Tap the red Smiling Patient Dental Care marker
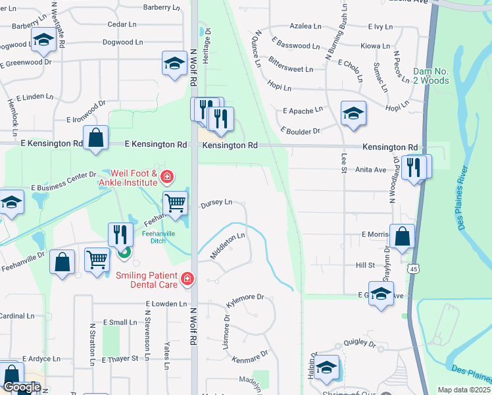[187, 279]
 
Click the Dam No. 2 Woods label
[431, 76]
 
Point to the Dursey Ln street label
[216, 203]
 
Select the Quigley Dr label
[358, 344]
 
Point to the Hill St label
[365, 265]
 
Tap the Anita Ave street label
[370, 169]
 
